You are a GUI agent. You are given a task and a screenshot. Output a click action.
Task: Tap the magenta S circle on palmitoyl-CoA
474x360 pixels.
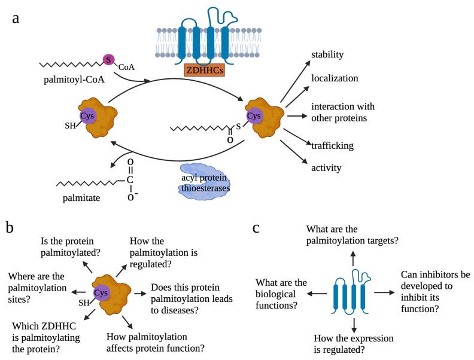108,59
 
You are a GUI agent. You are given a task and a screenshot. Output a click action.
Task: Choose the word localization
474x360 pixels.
334,78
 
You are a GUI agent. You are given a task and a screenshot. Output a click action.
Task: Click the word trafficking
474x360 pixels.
332,145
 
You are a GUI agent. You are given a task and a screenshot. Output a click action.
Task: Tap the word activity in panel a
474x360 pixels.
326,167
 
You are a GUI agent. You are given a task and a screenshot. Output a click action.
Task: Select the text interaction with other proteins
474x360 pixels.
342,112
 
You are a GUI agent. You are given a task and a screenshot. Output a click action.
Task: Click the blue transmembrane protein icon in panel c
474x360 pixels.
354,293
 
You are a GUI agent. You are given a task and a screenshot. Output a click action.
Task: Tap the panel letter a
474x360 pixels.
16,18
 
